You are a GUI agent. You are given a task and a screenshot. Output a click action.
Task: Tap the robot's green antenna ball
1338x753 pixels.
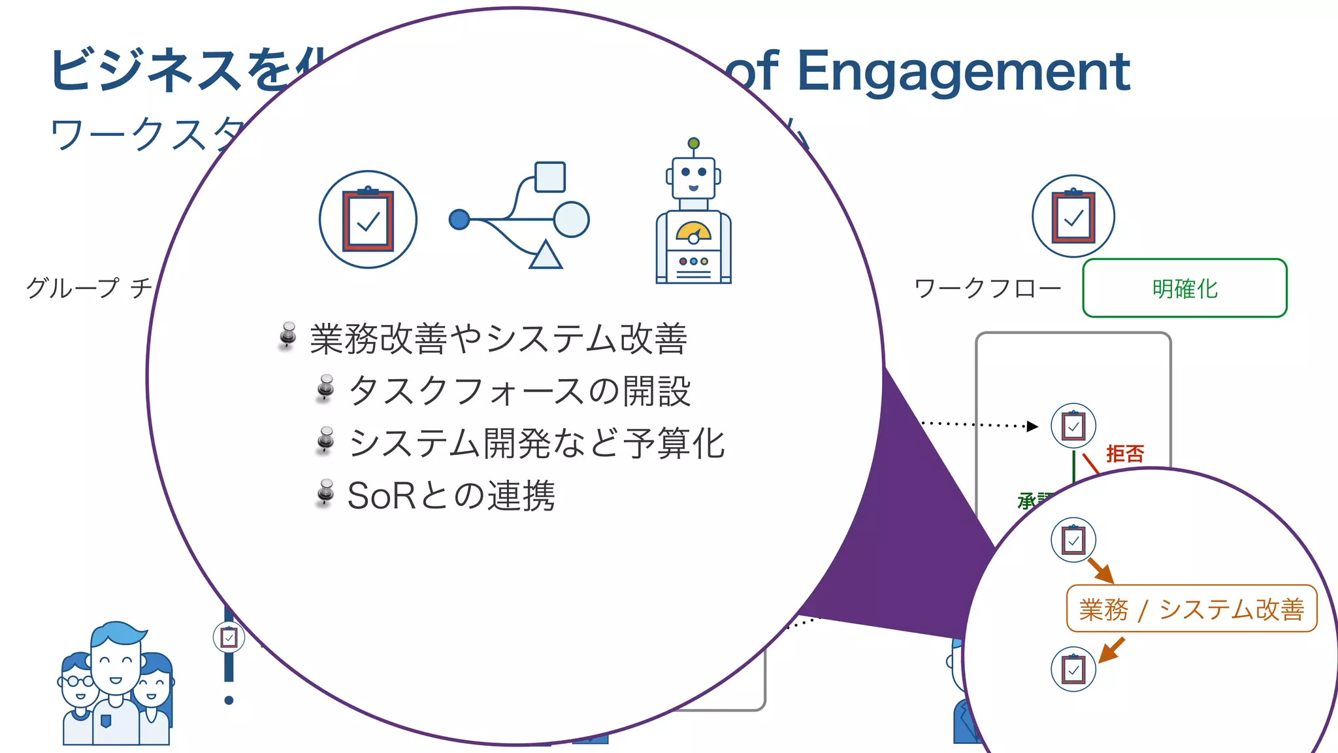coord(694,143)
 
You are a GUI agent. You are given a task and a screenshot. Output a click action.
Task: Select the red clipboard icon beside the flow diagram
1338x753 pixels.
coord(368,220)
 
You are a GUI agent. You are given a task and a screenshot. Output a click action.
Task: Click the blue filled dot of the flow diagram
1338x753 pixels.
coord(459,219)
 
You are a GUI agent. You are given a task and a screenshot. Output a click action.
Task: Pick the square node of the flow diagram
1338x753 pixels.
coord(550,177)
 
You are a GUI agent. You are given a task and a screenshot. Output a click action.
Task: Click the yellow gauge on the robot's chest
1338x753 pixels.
coord(693,231)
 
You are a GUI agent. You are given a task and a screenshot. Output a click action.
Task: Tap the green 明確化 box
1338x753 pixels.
coord(1184,288)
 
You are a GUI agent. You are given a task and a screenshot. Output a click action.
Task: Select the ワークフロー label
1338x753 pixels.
coord(987,288)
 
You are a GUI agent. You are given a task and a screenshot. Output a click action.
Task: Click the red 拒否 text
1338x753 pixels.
coord(1125,454)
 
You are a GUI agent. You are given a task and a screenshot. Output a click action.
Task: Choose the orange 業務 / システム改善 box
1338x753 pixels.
coord(1191,609)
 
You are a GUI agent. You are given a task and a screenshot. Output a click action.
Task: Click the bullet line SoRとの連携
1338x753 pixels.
coord(451,495)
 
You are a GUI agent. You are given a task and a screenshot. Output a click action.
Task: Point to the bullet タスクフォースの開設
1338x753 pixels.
coord(519,391)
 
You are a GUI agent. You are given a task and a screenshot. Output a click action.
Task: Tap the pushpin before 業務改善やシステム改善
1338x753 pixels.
coord(287,335)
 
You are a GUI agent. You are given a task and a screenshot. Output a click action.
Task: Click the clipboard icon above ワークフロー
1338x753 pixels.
coord(1073,216)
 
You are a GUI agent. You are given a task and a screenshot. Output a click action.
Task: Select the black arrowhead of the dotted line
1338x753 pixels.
coord(1032,426)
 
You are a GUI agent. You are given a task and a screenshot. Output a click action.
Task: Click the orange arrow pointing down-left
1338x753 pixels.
coord(1111,650)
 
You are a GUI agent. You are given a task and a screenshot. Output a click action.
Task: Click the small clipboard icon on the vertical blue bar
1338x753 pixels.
coord(229,637)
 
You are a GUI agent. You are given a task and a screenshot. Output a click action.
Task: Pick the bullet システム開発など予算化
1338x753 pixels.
coord(536,443)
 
